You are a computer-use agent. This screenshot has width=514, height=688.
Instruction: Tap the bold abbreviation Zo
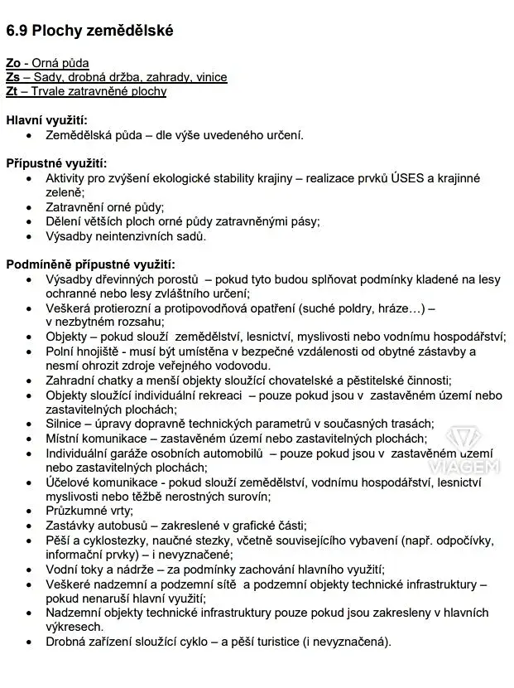[12, 63]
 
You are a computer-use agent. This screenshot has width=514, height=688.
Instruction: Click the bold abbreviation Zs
[12, 77]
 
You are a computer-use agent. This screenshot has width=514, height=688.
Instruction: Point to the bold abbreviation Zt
[12, 91]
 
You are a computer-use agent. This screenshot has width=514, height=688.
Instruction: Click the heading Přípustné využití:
[56, 163]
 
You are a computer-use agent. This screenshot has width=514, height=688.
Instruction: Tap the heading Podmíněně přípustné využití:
[90, 264]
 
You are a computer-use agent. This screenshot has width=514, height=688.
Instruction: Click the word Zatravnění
[75, 207]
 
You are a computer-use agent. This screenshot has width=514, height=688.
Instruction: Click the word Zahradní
[70, 380]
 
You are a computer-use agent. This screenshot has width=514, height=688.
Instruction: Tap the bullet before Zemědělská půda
[31, 135]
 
